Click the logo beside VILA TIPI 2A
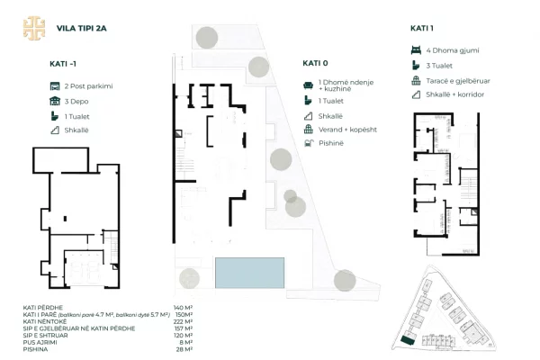pyautogui.click(x=32, y=27)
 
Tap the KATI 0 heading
pyautogui.click(x=314, y=64)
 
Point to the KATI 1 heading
pyautogui.click(x=421, y=28)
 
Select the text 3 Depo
pyautogui.click(x=77, y=101)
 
